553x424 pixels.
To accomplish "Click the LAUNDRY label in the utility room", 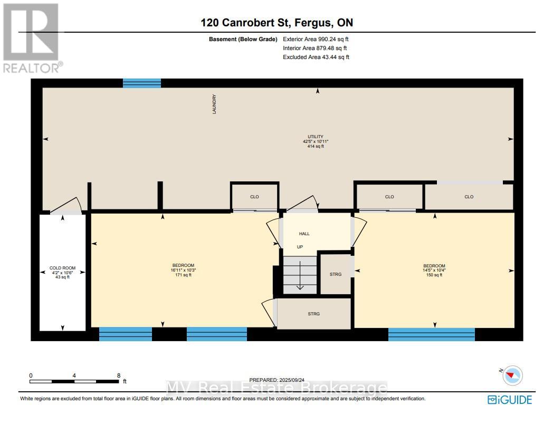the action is tap(214, 104).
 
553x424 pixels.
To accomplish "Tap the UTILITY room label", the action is tap(316, 137).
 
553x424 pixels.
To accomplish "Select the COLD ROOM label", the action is tap(62, 268).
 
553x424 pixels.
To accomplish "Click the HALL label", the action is tap(304, 234).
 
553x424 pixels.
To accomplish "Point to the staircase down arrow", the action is tap(300, 275).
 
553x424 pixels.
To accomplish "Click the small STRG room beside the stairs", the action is tap(336, 274).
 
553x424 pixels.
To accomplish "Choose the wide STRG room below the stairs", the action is tap(314, 314).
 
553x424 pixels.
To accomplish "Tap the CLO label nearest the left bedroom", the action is tap(255, 197).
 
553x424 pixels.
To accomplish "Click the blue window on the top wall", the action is tap(142, 83).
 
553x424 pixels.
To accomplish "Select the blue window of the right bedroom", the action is tap(432, 334).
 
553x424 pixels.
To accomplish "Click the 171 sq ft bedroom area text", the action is tap(184, 275).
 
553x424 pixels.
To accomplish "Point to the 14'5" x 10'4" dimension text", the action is tap(434, 271).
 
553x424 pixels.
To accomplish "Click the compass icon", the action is tap(512, 375).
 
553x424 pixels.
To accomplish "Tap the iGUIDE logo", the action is tap(510, 400).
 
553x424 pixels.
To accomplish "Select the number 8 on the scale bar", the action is tap(119, 375).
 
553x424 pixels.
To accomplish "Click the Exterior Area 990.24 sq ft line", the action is tap(316, 39).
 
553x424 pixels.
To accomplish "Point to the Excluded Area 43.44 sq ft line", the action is tap(316, 57).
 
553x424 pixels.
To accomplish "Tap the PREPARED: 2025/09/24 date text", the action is tap(277, 380).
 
